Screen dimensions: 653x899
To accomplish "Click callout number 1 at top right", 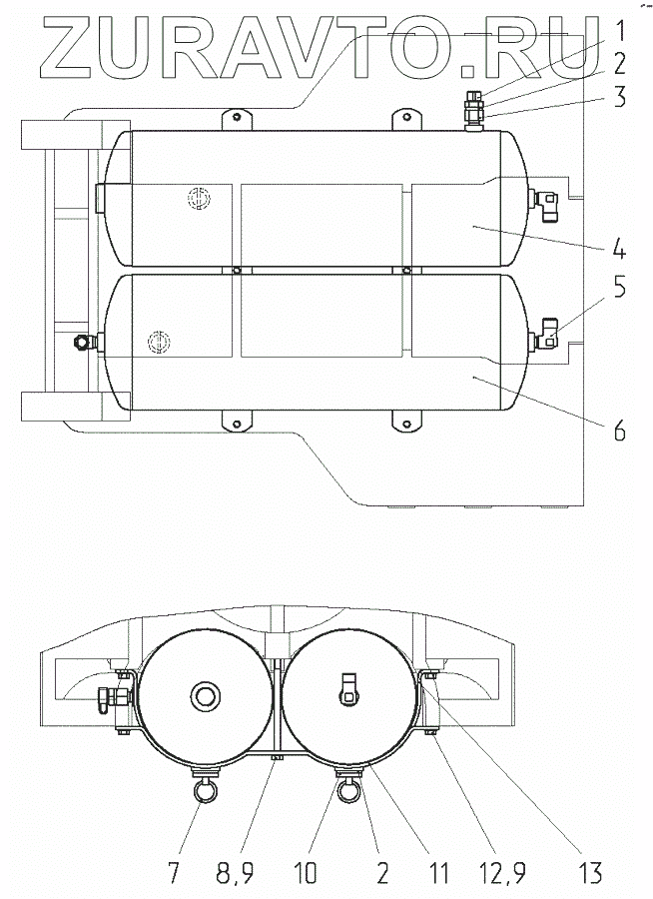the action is tap(619, 29).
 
